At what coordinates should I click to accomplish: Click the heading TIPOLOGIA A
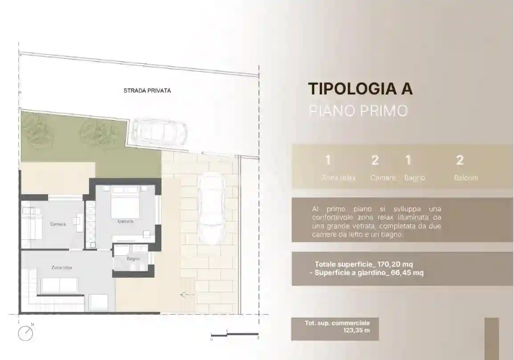[x=360, y=89]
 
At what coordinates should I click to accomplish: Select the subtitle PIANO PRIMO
[x=358, y=111]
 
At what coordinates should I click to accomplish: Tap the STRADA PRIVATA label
[x=147, y=90]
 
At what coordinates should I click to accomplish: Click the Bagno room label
[x=133, y=258]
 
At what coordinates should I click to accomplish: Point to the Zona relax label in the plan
[x=61, y=268]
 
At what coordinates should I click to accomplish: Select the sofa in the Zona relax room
[x=60, y=285]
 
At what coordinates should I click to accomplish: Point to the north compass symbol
[x=26, y=333]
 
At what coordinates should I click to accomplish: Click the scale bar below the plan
[x=234, y=334]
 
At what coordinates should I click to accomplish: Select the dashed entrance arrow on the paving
[x=187, y=295]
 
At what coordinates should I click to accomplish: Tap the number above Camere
[x=375, y=160]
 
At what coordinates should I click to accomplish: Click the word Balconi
[x=466, y=178]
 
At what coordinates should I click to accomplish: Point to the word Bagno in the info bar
[x=414, y=178]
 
